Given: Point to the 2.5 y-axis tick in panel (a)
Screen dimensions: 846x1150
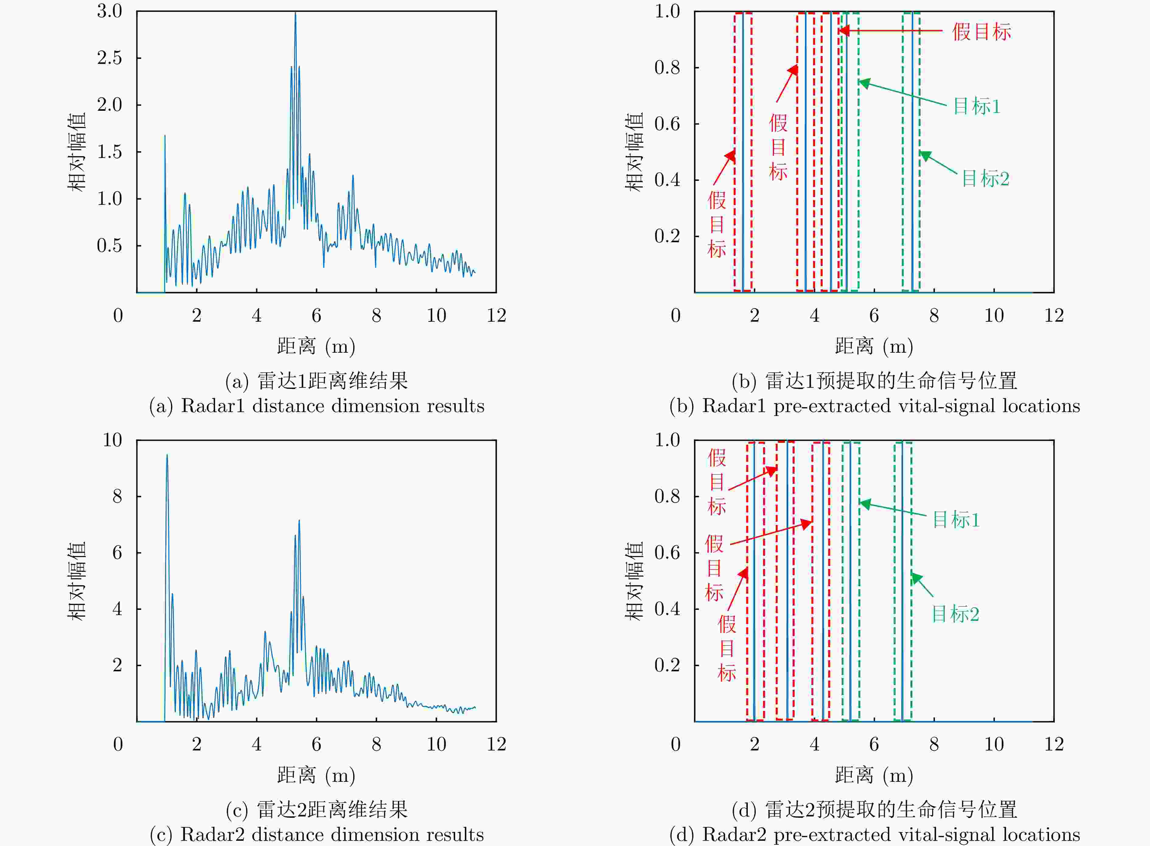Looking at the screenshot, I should click(110, 58).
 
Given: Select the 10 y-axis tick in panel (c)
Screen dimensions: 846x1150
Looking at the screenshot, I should click(113, 440).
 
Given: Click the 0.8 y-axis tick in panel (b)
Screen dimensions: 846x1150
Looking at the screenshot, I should click(667, 68).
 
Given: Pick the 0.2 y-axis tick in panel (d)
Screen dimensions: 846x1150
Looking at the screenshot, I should click(667, 665).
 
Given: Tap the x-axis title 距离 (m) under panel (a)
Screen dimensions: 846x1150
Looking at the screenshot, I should click(316, 347).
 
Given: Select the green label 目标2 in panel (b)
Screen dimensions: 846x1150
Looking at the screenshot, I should click(984, 179).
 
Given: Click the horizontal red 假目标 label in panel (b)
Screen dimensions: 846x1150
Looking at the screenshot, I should click(981, 32).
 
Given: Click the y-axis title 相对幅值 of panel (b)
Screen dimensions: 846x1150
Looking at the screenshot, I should click(634, 152).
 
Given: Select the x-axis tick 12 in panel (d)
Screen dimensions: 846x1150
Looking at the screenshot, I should click(1054, 744).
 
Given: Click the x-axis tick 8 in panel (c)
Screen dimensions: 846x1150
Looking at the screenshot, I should click(376, 744).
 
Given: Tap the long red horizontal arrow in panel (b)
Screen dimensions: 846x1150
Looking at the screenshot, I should click(891, 31).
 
